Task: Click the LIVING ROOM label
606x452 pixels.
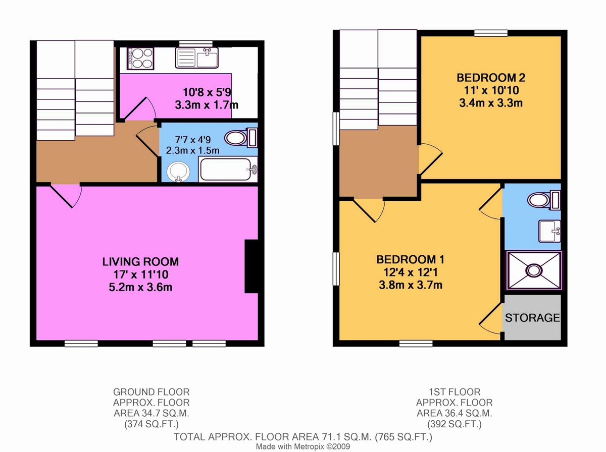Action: [x=140, y=262]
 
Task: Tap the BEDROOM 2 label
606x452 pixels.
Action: [x=491, y=78]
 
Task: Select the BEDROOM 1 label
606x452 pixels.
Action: [x=411, y=259]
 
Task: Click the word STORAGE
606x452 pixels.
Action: [x=532, y=318]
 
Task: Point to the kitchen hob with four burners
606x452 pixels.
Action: [x=140, y=59]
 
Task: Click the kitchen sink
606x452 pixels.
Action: [x=196, y=58]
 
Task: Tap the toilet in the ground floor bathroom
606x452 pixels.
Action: [x=240, y=137]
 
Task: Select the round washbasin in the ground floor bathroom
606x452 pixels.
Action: [x=179, y=172]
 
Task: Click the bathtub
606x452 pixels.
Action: [x=228, y=169]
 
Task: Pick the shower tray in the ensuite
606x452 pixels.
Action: [x=534, y=270]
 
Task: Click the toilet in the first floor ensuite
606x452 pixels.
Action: [x=543, y=200]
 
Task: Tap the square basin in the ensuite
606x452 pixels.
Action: [x=550, y=231]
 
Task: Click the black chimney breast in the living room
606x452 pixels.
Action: [x=251, y=266]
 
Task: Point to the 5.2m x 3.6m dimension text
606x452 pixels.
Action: [x=140, y=287]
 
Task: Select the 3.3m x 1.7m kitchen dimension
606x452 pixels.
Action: [x=207, y=105]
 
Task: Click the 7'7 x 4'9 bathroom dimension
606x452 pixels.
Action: [x=193, y=140]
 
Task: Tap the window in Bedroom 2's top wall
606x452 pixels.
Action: [x=491, y=33]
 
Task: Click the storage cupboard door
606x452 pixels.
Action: [x=490, y=318]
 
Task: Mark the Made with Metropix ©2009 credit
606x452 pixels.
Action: [x=303, y=446]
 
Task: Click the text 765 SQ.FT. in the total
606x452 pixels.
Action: [x=403, y=436]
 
